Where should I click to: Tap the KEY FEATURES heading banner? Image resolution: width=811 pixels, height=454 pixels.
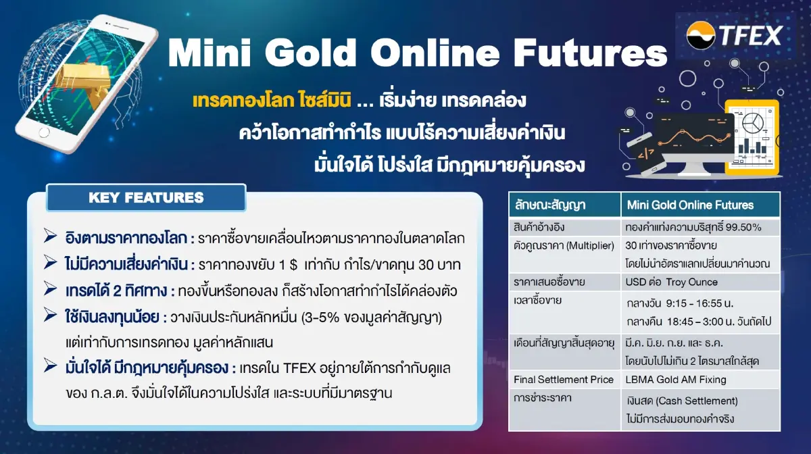click(146, 198)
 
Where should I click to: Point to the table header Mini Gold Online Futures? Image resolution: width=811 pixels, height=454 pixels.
click(690, 205)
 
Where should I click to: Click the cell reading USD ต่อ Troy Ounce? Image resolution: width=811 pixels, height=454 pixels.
click(672, 281)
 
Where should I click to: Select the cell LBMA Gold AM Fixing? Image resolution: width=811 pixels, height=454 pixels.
click(676, 380)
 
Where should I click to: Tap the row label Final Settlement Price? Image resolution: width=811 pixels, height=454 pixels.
click(564, 380)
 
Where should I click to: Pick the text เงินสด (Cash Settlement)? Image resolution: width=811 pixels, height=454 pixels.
click(682, 401)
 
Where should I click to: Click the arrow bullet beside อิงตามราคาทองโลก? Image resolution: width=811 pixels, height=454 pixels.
click(51, 237)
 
